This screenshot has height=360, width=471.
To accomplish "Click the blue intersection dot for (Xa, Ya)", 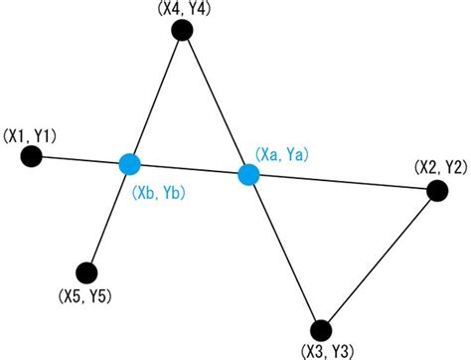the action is (248, 175).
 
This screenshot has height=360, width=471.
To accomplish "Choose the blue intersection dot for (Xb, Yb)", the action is (128, 163).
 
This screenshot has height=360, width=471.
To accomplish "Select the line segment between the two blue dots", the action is (189, 169).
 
